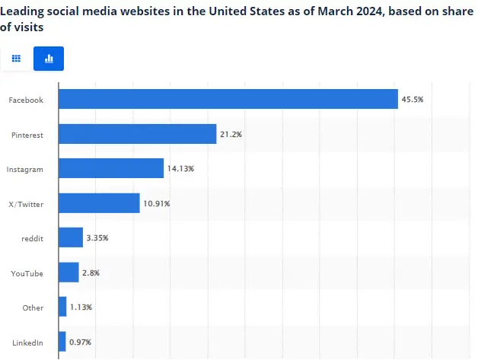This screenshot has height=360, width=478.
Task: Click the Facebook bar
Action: point(228,99)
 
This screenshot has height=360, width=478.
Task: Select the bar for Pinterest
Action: point(138,134)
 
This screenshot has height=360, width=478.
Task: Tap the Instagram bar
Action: point(111,168)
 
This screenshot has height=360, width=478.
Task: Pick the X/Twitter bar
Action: point(99,203)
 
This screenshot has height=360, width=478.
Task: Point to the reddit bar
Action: point(71,237)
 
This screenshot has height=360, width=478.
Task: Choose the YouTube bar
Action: point(69,272)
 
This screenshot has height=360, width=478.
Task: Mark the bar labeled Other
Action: point(62,307)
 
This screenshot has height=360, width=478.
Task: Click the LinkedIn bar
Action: point(62,342)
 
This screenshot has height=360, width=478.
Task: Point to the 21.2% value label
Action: point(231,135)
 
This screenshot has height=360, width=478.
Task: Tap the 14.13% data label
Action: point(180,169)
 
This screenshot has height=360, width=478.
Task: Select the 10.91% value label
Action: point(157,204)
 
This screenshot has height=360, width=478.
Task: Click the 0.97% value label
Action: point(80,342)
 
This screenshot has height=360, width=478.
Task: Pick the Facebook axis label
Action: point(26,100)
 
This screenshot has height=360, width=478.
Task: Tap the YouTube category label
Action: point(27,273)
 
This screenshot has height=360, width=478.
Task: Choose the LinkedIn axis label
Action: point(28,342)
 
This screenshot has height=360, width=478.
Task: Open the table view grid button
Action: point(16,58)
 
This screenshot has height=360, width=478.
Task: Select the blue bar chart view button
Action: point(49,58)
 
